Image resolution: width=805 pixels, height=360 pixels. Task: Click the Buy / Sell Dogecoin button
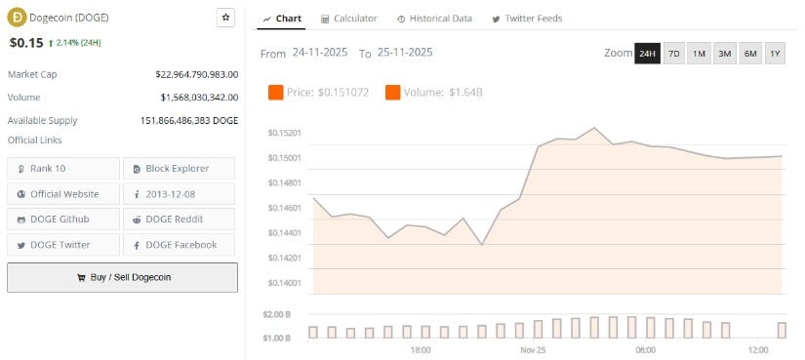[x=122, y=277]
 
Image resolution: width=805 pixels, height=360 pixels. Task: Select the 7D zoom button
[x=673, y=54]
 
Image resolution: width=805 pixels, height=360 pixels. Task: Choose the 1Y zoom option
[x=775, y=54]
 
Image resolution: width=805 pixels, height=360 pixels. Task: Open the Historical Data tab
[x=434, y=19]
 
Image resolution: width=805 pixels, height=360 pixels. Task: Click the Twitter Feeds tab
[x=527, y=19]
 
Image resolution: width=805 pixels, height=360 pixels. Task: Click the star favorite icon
[x=225, y=18]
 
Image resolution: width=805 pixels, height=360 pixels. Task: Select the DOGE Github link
[x=63, y=220]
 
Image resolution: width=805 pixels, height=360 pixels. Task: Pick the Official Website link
[x=63, y=194]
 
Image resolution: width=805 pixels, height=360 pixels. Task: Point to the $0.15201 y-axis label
[x=284, y=133]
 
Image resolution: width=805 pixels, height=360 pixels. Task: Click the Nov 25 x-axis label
[x=533, y=349]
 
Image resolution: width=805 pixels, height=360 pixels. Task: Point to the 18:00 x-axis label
[x=421, y=349]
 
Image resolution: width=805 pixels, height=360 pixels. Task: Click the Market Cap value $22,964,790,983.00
[x=196, y=74]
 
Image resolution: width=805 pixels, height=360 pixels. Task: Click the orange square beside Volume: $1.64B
[x=392, y=93]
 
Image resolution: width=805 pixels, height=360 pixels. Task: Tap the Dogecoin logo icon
[x=17, y=18]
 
